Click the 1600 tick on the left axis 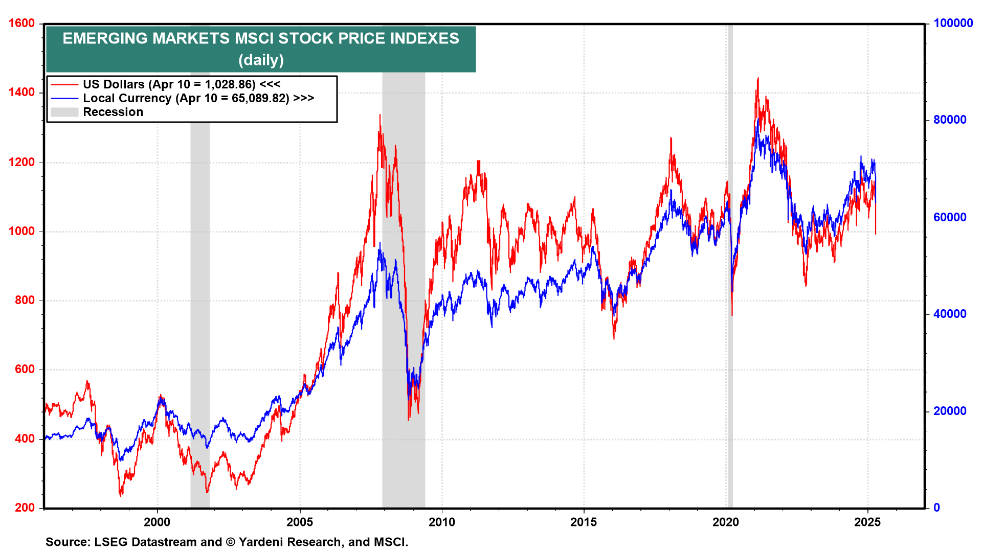(21, 24)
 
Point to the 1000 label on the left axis (21, 231)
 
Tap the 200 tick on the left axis (25, 508)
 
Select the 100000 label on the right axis (953, 24)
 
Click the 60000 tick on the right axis (950, 217)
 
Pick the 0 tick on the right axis (936, 508)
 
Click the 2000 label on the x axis (157, 522)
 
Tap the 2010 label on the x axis (441, 522)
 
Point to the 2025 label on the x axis (867, 522)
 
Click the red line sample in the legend (64, 84)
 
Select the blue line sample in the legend (64, 98)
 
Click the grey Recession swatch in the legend (64, 112)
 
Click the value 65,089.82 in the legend (260, 98)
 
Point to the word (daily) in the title (261, 60)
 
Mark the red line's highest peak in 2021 (758, 78)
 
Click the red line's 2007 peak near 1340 (380, 115)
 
